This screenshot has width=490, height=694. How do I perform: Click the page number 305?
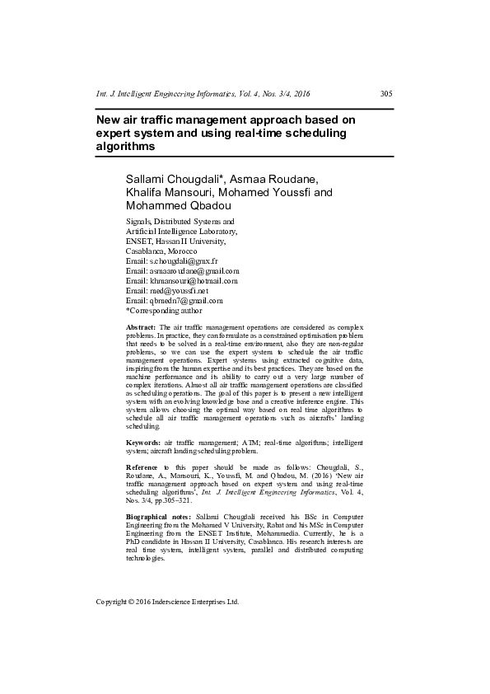385,93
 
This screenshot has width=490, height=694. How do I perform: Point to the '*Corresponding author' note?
163,310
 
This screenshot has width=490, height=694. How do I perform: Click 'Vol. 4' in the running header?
262,93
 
